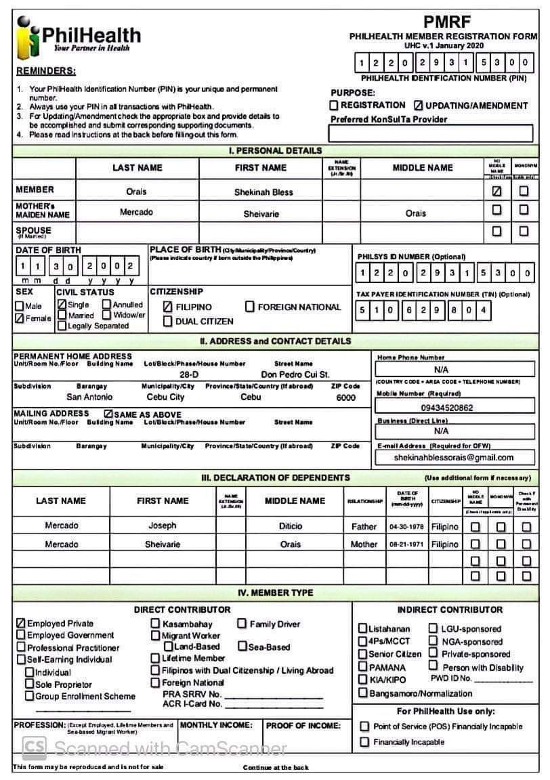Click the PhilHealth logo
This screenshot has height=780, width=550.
point(78,38)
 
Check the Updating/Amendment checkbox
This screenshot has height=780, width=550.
point(418,106)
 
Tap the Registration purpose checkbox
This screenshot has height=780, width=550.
point(334,106)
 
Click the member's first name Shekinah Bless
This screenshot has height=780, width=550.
point(263,192)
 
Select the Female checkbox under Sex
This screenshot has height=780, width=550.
point(20,318)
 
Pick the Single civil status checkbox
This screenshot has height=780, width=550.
point(62,305)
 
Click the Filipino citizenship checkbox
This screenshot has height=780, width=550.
point(168,307)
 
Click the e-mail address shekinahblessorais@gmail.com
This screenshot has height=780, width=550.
point(454,458)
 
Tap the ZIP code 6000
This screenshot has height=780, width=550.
point(345,398)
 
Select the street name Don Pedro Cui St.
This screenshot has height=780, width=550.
point(295,374)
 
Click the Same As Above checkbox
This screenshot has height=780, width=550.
point(108,414)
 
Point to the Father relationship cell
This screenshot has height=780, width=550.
point(364,526)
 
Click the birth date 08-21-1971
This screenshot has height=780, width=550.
point(406,544)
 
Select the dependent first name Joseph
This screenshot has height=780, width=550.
point(163,525)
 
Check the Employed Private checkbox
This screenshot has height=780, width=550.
point(21,623)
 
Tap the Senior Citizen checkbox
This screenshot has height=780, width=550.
point(363,654)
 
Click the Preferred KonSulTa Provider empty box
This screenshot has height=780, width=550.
point(431,133)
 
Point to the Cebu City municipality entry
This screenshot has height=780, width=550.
point(165,397)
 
